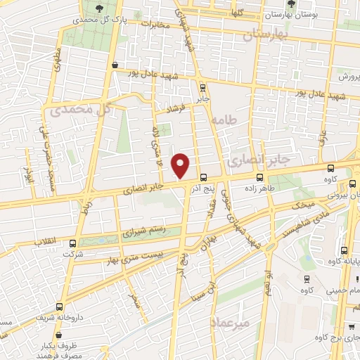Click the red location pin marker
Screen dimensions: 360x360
pos(181,166)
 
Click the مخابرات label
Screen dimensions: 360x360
pos(155,25)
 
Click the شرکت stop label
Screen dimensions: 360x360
pos(72,254)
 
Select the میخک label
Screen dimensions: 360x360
pos(303,204)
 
